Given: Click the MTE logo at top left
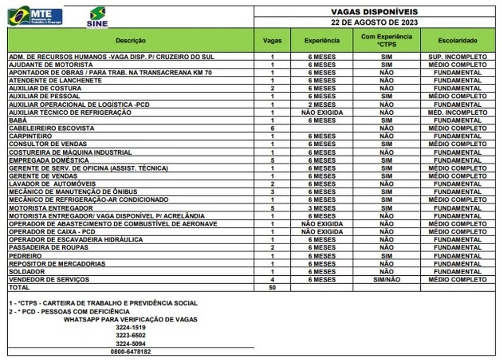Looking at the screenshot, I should (x=35, y=16).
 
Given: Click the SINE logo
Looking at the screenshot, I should (x=97, y=17).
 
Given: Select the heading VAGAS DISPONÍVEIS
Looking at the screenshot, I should (x=374, y=11).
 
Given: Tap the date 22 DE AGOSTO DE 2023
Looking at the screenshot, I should (x=374, y=22).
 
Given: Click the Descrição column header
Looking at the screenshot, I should (x=131, y=40).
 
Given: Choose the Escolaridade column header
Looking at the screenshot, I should (x=457, y=40).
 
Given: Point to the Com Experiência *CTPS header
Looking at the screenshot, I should (x=386, y=40).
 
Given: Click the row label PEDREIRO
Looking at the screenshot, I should (x=24, y=256).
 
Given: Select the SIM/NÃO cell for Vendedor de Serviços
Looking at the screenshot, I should (x=386, y=280).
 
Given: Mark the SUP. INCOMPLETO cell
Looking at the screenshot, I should (x=457, y=57).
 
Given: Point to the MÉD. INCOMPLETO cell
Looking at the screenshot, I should (x=457, y=113).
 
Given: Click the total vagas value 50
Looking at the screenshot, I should (x=272, y=288).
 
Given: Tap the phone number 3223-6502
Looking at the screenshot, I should (x=131, y=336).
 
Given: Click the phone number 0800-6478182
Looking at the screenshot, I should (x=131, y=352).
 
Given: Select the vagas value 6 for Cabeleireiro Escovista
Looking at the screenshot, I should (x=272, y=128).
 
